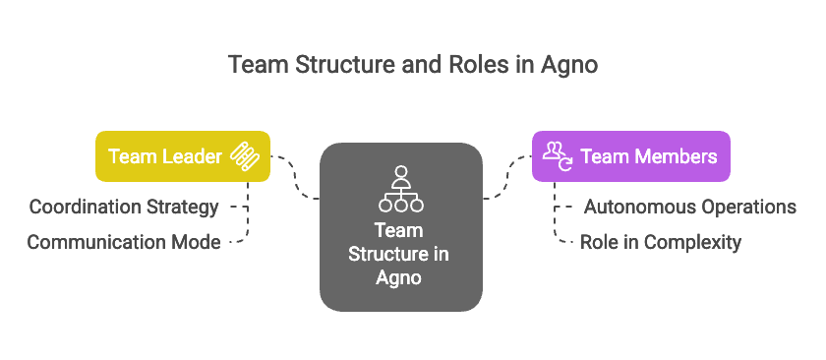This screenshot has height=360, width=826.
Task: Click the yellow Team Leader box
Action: coord(183,156)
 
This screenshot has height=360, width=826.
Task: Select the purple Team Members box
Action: coord(631,156)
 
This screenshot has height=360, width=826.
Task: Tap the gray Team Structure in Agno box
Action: coord(400,226)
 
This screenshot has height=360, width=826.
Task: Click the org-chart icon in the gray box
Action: coord(400,189)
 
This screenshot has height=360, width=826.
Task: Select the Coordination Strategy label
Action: coord(124,208)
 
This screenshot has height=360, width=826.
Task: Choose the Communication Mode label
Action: coord(124,242)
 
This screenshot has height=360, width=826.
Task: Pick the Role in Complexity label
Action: coord(661,242)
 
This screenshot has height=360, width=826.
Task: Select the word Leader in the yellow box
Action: coord(191,156)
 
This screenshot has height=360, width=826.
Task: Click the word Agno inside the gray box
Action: coord(400,277)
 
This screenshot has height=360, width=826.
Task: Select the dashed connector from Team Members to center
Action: coord(506,177)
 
